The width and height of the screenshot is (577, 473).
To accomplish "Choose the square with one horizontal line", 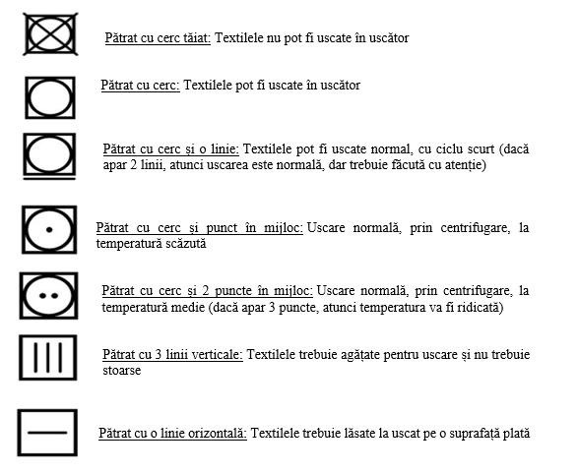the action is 47,432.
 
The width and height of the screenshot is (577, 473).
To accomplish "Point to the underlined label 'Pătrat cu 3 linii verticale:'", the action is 172,354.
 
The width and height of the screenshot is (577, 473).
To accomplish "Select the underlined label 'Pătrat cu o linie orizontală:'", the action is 172,433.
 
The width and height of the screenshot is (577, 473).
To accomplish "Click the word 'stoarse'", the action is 122,371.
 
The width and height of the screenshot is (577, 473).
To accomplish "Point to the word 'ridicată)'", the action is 480,307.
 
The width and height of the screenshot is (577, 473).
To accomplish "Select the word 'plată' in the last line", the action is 516,433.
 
